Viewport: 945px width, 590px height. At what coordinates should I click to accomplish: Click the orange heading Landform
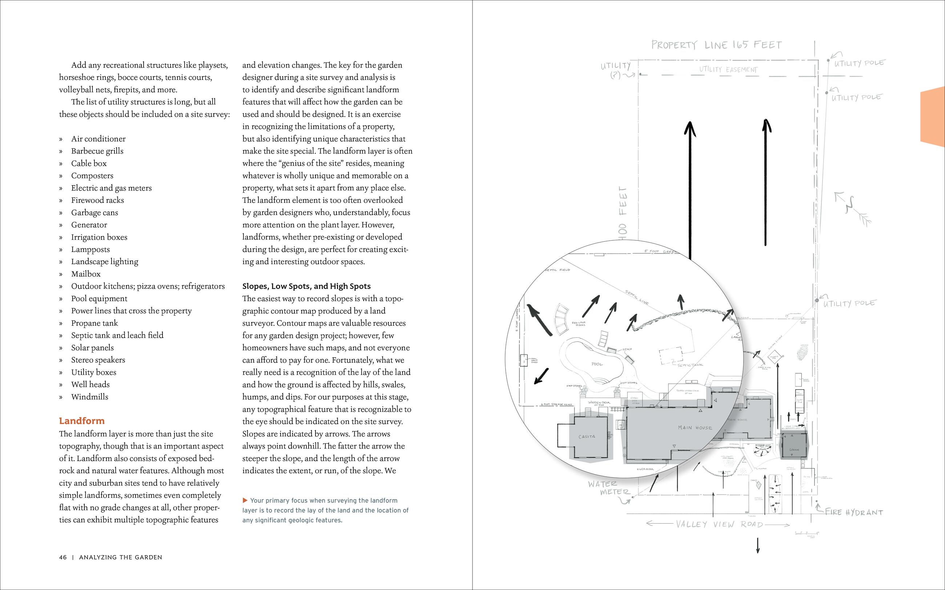pyautogui.click(x=82, y=421)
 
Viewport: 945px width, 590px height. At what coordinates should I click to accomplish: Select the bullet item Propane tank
pyautogui.click(x=94, y=323)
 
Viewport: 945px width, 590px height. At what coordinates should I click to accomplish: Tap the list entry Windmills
pyautogui.click(x=89, y=397)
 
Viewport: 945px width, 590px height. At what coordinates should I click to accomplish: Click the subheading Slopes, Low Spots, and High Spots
pyautogui.click(x=306, y=286)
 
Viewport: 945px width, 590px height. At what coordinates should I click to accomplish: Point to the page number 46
pyautogui.click(x=63, y=557)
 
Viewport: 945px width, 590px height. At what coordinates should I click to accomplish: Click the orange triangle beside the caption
pyautogui.click(x=245, y=500)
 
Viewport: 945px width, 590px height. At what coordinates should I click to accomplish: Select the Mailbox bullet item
pyautogui.click(x=85, y=274)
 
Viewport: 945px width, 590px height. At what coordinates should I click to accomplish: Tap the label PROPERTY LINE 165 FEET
pyautogui.click(x=716, y=45)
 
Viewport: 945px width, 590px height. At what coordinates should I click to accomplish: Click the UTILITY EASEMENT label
pyautogui.click(x=728, y=69)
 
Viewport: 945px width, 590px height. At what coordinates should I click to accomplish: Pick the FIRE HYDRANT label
pyautogui.click(x=854, y=512)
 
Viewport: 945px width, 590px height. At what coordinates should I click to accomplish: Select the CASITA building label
pyautogui.click(x=587, y=437)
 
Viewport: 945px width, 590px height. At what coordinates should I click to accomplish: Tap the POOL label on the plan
pyautogui.click(x=597, y=364)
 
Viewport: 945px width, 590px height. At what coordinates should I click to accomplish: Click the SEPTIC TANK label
pyautogui.click(x=691, y=365)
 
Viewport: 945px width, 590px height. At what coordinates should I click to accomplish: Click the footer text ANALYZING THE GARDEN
pyautogui.click(x=120, y=557)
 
